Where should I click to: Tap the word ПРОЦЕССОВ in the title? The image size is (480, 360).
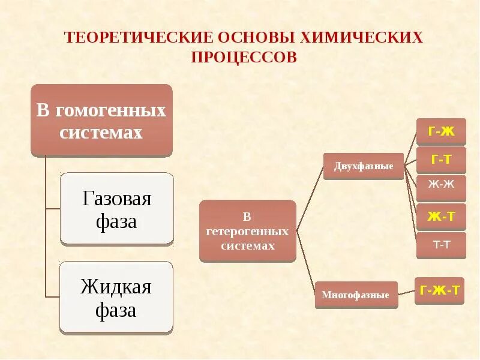244,57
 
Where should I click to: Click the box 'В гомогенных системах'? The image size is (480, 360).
101,120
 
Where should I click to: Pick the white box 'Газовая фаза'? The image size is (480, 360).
117,209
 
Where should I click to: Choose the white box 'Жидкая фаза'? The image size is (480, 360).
116,297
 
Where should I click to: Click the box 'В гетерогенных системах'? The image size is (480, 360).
247,231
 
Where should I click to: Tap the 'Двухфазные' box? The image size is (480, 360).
364,166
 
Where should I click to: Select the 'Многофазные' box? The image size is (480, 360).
356,295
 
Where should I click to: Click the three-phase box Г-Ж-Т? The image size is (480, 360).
439,291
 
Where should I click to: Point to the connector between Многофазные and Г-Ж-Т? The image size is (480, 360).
406,293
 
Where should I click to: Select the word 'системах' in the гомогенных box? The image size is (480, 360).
101,133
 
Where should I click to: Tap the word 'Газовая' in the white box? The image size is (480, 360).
117,199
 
